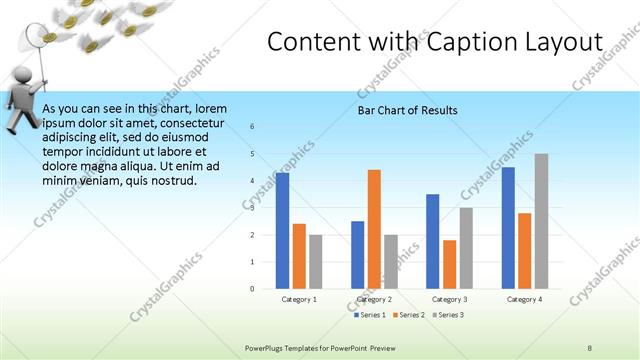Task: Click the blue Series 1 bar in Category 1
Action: click(x=282, y=230)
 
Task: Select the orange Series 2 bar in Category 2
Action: click(x=374, y=229)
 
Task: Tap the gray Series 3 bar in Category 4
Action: click(x=541, y=221)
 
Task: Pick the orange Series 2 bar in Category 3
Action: click(x=449, y=264)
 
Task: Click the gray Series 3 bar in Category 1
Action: click(x=316, y=262)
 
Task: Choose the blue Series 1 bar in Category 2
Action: click(x=357, y=255)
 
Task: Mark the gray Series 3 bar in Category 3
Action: click(x=466, y=248)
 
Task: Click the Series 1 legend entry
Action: click(x=371, y=315)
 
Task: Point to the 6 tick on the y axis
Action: click(x=252, y=127)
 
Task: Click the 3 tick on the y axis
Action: click(x=252, y=208)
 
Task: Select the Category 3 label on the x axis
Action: click(x=449, y=299)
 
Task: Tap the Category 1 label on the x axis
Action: click(x=298, y=299)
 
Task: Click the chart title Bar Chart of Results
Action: click(x=408, y=110)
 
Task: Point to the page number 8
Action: click(x=590, y=346)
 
